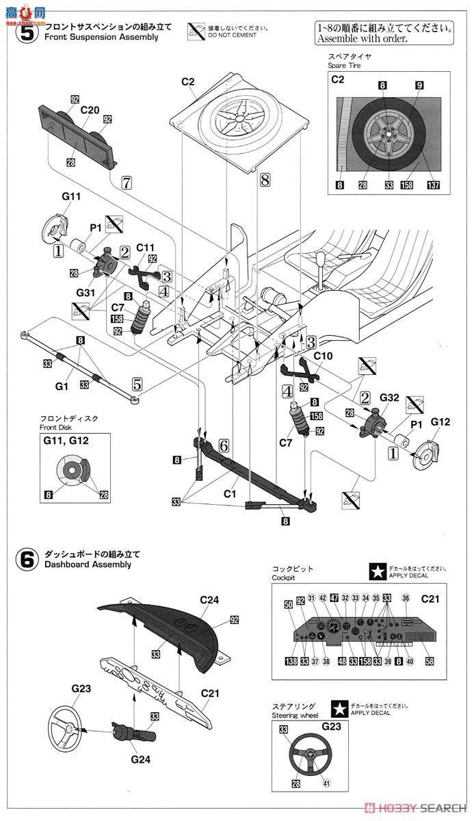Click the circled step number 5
point(25,32)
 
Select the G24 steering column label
point(137,759)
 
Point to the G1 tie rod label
point(62,387)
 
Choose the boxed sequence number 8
point(265,180)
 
